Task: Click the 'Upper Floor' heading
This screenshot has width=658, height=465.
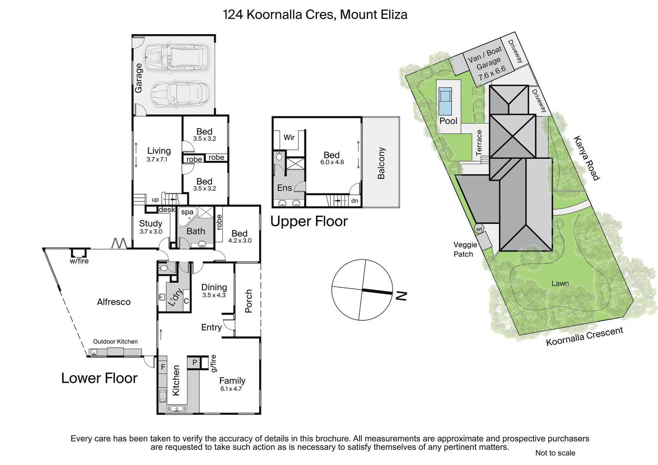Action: click(309, 222)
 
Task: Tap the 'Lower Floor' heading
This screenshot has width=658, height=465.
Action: click(99, 378)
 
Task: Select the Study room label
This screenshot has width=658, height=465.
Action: click(151, 224)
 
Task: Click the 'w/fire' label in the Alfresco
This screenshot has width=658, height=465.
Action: click(79, 261)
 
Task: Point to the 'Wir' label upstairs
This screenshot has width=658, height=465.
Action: click(289, 137)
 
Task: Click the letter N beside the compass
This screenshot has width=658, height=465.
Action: click(401, 296)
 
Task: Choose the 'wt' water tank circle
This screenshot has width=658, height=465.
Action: click(479, 229)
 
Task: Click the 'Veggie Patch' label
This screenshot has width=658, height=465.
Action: click(465, 249)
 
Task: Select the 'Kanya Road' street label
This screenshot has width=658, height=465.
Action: click(586, 158)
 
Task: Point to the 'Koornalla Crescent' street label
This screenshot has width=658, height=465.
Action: click(584, 336)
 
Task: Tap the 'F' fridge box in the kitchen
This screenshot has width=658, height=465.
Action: click(163, 367)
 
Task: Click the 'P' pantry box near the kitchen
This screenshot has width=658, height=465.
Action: click(195, 362)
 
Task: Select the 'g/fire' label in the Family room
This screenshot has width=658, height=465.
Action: click(213, 363)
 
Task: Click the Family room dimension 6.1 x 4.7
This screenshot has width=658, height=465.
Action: click(231, 389)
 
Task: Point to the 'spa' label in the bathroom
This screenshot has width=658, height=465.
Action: click(187, 212)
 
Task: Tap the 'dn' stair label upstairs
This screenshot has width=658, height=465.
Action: click(355, 201)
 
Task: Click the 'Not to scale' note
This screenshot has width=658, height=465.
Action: click(555, 453)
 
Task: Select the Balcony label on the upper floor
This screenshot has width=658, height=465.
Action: click(381, 163)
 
